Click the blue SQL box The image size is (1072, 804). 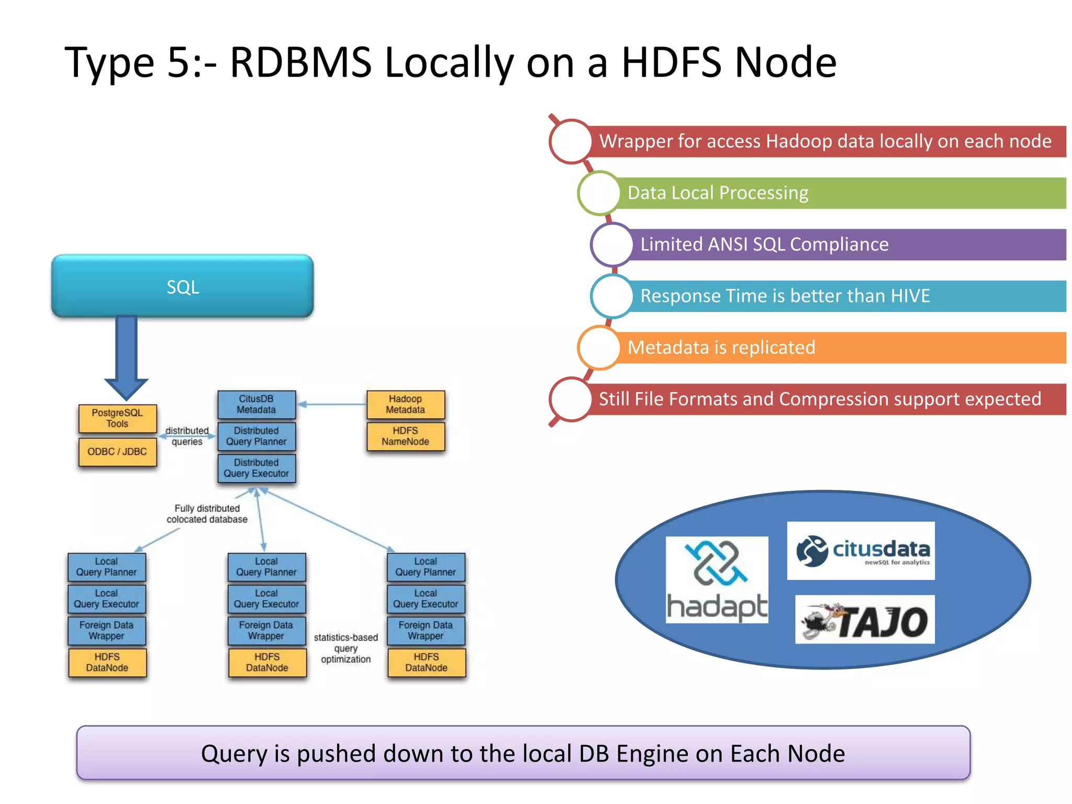182,286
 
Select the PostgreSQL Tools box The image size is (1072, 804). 117,418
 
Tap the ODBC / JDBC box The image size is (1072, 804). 117,452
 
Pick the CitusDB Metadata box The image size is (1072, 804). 256,404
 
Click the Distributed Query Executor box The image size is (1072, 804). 256,468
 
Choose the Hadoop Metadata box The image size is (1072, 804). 406,404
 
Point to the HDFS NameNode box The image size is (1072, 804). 406,436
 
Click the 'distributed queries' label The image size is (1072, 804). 187,436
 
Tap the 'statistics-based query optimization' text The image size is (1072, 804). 346,649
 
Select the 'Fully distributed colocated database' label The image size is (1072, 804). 207,514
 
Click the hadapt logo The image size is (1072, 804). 717,580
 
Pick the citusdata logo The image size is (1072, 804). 861,551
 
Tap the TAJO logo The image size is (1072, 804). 865,620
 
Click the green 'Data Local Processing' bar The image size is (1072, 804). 837,193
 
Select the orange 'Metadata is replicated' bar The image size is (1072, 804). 837,348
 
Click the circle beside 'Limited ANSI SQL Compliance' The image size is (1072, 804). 611,244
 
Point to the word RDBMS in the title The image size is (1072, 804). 300,62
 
